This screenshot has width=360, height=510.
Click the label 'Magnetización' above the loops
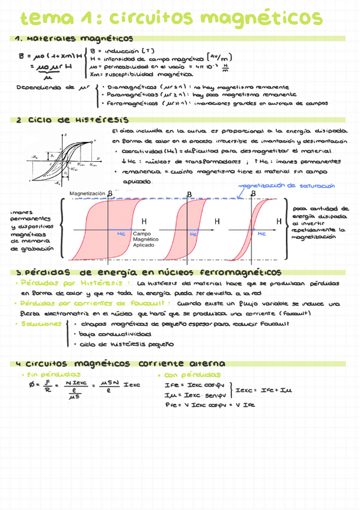(x=88, y=193)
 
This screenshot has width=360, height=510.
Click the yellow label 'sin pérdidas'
(x=44, y=374)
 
